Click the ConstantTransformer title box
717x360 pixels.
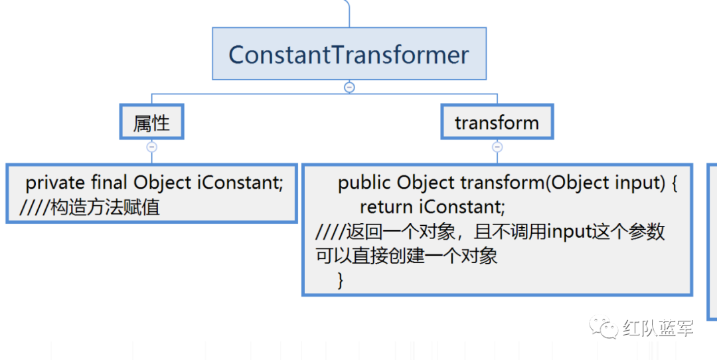coord(349,54)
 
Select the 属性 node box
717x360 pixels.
coord(151,122)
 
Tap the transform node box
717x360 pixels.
coord(497,122)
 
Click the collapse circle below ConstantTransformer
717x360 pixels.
coord(349,87)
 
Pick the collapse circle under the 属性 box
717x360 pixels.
coord(151,147)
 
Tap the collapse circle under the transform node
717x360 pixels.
coord(497,147)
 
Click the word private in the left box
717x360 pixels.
coord(55,183)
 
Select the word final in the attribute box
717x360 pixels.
coord(110,183)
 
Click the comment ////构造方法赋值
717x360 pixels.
coord(90,207)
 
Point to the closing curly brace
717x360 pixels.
coord(341,280)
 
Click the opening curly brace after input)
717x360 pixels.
coord(674,183)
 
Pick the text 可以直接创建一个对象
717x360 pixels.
coord(407,256)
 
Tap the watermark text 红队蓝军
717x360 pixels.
coord(658,328)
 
